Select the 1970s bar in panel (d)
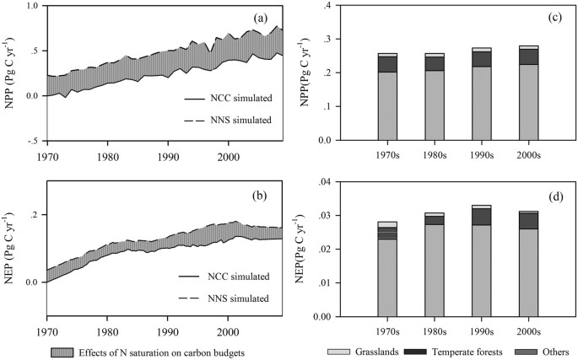(x=387, y=270)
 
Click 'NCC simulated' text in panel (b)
(x=240, y=277)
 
